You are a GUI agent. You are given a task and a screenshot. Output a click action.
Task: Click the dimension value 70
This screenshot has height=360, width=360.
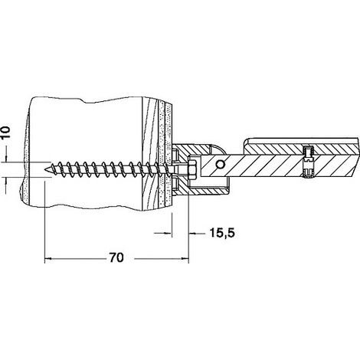[116, 257]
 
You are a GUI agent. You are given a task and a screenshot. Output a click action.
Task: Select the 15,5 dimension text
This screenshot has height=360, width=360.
[221, 233]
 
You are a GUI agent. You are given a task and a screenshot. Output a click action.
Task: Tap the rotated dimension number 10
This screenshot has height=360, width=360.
[6, 133]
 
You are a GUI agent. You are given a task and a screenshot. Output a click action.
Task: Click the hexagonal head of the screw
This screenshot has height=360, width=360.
[192, 169]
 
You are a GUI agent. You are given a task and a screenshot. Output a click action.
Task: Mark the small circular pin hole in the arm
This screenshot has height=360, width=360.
[219, 164]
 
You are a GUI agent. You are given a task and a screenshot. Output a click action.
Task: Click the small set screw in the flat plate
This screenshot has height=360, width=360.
[308, 162]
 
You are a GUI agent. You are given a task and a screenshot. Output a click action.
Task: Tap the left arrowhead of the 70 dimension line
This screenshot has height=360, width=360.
[48, 259]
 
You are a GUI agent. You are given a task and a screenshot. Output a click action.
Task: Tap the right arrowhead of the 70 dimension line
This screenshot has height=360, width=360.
[185, 259]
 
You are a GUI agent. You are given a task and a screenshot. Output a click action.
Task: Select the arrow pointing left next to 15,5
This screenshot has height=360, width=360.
[193, 233]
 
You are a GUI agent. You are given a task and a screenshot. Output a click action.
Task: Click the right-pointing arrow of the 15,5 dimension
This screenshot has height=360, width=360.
[168, 233]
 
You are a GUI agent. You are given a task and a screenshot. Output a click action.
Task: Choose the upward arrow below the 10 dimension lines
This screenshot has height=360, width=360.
[6, 182]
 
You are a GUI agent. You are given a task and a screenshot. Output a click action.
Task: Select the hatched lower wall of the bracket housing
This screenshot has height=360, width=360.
[201, 191]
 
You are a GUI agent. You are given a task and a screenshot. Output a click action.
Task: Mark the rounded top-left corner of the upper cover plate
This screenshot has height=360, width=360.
[246, 141]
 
